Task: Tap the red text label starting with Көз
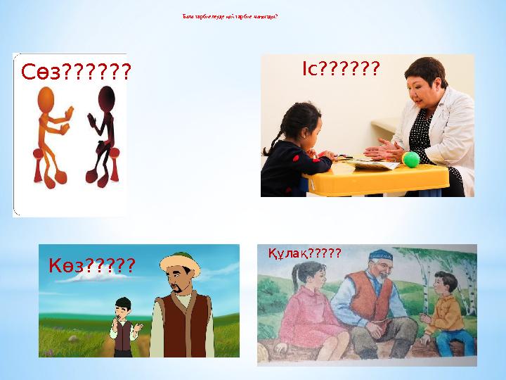91,266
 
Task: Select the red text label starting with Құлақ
304,253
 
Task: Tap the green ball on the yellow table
410,160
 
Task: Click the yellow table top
379,176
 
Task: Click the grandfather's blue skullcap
380,253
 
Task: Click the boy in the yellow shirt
443,313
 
